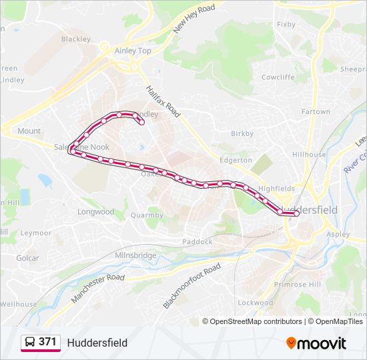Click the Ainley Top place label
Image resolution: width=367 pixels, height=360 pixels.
pyautogui.click(x=133, y=51)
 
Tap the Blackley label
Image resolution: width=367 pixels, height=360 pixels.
pyautogui.click(x=75, y=39)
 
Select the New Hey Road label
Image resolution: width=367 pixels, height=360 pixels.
pyautogui.click(x=194, y=19)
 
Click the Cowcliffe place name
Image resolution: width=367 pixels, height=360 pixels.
pyautogui.click(x=278, y=77)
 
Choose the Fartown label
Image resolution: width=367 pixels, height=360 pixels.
pyautogui.click(x=316, y=111)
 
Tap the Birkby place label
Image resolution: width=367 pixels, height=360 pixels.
pyautogui.click(x=242, y=133)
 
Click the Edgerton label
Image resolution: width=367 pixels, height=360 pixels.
pyautogui.click(x=236, y=160)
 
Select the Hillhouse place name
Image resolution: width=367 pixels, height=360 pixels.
pyautogui.click(x=309, y=154)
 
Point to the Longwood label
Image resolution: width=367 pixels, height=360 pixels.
pyautogui.click(x=96, y=212)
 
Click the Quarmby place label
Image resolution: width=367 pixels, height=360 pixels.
pyautogui.click(x=147, y=215)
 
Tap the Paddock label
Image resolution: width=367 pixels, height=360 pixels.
pyautogui.click(x=197, y=241)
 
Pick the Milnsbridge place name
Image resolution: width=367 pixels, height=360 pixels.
pyautogui.click(x=135, y=255)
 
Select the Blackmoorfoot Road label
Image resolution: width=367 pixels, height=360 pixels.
pyautogui.click(x=192, y=286)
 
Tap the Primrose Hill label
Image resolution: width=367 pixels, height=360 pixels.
pyautogui.click(x=298, y=284)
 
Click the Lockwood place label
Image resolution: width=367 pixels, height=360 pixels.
pyautogui.click(x=256, y=302)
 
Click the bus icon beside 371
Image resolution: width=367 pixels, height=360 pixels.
pyautogui.click(x=29, y=342)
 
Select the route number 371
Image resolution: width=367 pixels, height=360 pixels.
pyautogui.click(x=47, y=342)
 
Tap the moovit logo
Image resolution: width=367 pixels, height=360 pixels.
pyautogui.click(x=316, y=343)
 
